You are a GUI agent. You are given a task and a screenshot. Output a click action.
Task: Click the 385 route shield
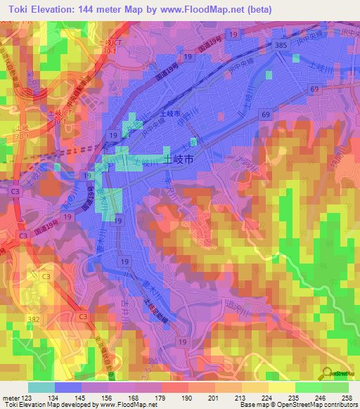(281, 44)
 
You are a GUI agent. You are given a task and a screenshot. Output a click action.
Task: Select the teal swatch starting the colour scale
(41, 387)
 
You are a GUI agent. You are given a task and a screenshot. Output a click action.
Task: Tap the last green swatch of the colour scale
(335, 387)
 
